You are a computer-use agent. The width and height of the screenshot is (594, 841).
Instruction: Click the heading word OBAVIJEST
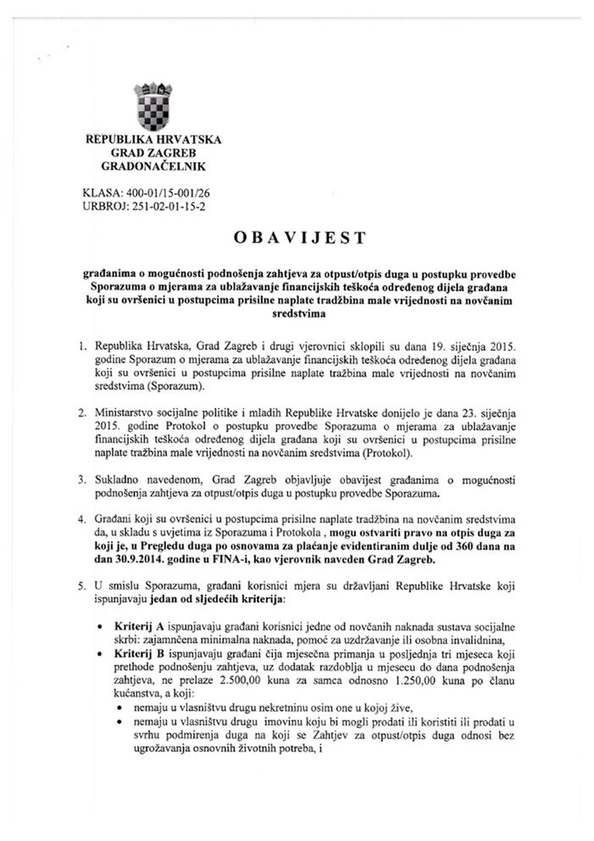(298, 238)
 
